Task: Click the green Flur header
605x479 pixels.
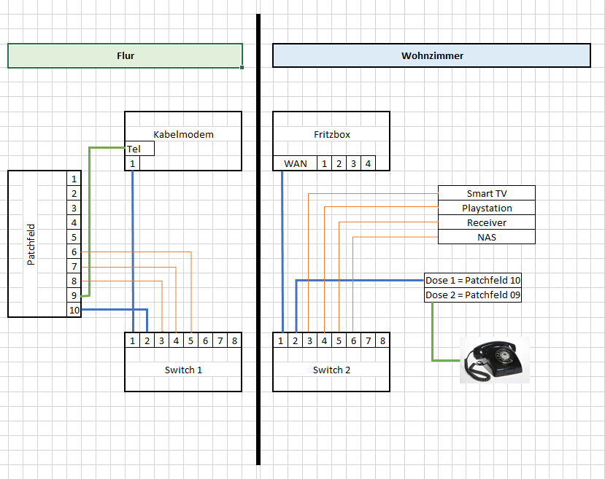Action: point(125,56)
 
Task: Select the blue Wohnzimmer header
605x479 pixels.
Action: point(431,56)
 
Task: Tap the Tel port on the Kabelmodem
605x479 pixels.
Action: point(139,149)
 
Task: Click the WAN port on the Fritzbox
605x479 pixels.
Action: point(295,163)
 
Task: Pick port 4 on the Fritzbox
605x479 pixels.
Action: point(368,163)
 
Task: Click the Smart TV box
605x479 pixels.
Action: point(487,193)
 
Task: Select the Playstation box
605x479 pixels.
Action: point(487,208)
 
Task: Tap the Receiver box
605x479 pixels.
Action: point(487,222)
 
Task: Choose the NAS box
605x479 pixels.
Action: point(487,237)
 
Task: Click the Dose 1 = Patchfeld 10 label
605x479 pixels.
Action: point(473,280)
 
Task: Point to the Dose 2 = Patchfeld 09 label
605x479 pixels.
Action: point(473,295)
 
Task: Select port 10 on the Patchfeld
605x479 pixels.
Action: point(74,310)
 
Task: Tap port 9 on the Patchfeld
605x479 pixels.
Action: point(74,295)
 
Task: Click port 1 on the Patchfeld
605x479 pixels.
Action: point(74,179)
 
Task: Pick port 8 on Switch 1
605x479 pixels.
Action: point(234,340)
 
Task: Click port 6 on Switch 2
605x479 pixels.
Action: point(353,340)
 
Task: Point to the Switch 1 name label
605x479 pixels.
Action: point(183,370)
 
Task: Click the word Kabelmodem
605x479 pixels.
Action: point(183,134)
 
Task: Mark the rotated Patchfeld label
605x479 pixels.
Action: point(31,244)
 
